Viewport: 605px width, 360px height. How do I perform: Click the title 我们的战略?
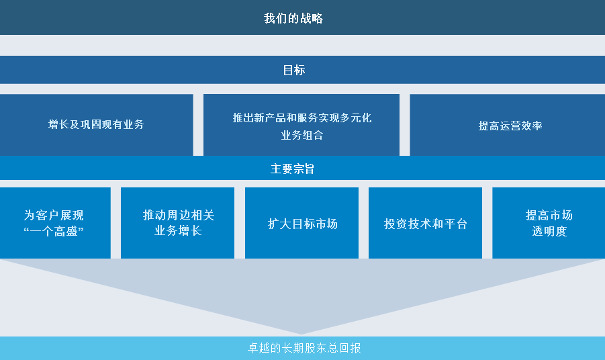pyautogui.click(x=293, y=18)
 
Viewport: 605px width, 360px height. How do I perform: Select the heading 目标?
pyautogui.click(x=294, y=71)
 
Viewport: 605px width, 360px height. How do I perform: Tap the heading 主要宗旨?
pyautogui.click(x=293, y=169)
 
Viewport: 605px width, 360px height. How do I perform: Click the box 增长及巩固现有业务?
pyautogui.click(x=97, y=125)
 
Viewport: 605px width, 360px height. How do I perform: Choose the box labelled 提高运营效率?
pyautogui.click(x=508, y=125)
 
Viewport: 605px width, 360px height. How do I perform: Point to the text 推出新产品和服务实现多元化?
pyautogui.click(x=301, y=118)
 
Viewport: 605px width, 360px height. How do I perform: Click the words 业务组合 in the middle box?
pyautogui.click(x=301, y=135)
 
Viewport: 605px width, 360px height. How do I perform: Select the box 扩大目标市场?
pyautogui.click(x=301, y=222)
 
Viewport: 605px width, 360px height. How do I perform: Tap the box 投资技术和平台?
pyautogui.click(x=425, y=222)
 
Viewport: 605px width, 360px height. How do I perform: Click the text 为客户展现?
pyautogui.click(x=54, y=215)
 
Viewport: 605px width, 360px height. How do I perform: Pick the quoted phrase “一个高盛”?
pyautogui.click(x=54, y=231)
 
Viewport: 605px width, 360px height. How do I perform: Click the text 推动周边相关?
pyautogui.click(x=179, y=215)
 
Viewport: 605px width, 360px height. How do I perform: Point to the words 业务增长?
pyautogui.click(x=178, y=231)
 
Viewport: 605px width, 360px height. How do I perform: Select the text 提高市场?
pyautogui.click(x=549, y=215)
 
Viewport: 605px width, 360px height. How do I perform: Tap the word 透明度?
pyautogui.click(x=549, y=231)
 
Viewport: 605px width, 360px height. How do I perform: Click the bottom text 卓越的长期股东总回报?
pyautogui.click(x=304, y=348)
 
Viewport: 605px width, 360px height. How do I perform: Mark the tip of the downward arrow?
pyautogui.click(x=301, y=334)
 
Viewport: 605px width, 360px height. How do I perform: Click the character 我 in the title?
pyautogui.click(x=269, y=18)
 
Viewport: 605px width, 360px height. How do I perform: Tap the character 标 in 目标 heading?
pyautogui.click(x=299, y=71)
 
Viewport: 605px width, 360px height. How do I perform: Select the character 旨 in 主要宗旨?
pyautogui.click(x=309, y=169)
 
